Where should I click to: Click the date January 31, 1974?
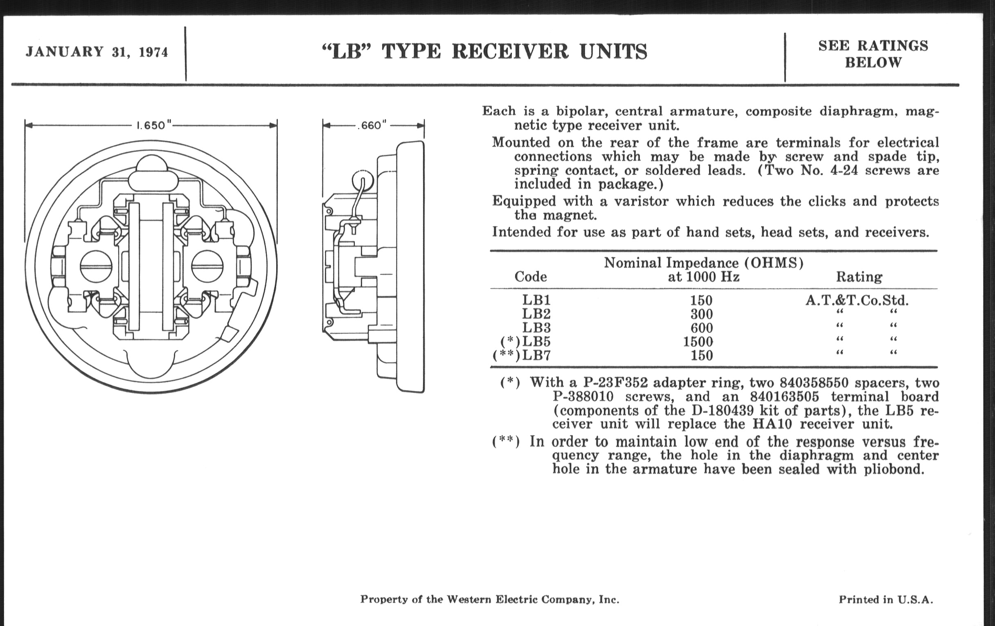(x=97, y=52)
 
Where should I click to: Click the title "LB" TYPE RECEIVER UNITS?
(x=484, y=52)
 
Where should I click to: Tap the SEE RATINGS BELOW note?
(x=873, y=54)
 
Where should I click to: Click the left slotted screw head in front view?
(x=95, y=266)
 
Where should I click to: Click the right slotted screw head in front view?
(x=207, y=266)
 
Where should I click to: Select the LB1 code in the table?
(x=536, y=300)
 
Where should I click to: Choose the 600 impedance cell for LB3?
(x=702, y=328)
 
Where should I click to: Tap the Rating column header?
(x=859, y=277)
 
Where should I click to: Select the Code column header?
(x=531, y=277)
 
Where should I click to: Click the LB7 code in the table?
(x=536, y=356)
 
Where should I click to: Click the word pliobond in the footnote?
(x=894, y=469)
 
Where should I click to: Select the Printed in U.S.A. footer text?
(x=885, y=599)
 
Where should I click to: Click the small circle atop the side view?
(x=363, y=180)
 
